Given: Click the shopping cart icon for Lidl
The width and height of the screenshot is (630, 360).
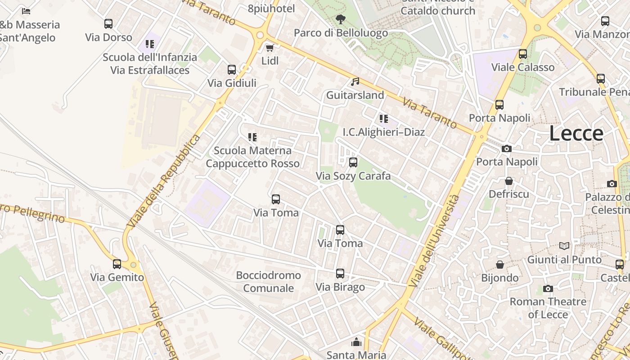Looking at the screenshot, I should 270,48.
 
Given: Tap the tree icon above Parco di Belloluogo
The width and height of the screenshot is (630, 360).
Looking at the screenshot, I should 341,19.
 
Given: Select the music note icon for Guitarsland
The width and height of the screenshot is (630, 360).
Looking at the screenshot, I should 355,82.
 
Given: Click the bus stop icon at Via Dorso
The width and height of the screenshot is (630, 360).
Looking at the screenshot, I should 108,24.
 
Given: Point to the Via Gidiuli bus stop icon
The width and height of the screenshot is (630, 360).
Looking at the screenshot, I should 232,70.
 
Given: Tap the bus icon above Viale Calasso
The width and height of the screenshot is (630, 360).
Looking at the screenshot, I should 523,54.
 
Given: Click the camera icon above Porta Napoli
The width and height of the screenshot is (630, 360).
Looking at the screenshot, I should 507,148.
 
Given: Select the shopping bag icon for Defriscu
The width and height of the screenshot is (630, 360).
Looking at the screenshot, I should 509,181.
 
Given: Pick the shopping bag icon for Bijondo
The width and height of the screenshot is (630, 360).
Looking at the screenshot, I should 500,265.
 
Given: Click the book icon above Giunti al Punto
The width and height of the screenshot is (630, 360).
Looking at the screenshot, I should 564,246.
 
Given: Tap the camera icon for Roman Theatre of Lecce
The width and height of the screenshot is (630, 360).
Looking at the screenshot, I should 548,288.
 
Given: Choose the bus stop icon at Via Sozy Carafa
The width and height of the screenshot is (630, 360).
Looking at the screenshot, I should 353,162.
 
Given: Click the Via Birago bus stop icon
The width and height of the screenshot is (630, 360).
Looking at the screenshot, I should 340,274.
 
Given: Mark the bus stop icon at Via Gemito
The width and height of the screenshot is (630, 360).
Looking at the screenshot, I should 117,264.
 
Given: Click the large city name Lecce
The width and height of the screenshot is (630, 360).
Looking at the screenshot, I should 576,134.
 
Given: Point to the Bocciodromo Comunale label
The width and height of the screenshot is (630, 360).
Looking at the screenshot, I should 269,281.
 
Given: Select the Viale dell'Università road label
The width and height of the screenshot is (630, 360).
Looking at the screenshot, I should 435,241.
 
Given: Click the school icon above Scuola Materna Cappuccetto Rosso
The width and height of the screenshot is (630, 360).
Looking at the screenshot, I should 252,137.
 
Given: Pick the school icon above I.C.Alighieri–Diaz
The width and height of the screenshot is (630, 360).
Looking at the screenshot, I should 383,119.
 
